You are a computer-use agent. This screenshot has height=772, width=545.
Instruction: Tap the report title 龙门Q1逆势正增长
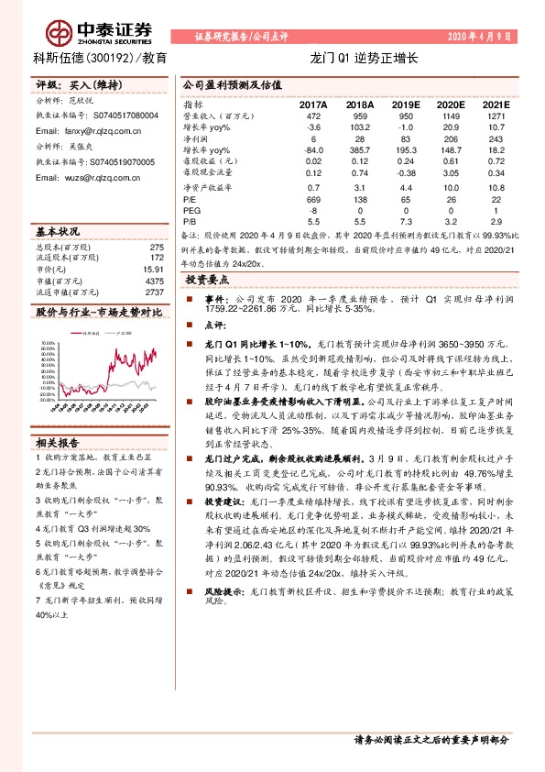coord(364,58)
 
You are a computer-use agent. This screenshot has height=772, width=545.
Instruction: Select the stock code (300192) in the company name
coord(107,58)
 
